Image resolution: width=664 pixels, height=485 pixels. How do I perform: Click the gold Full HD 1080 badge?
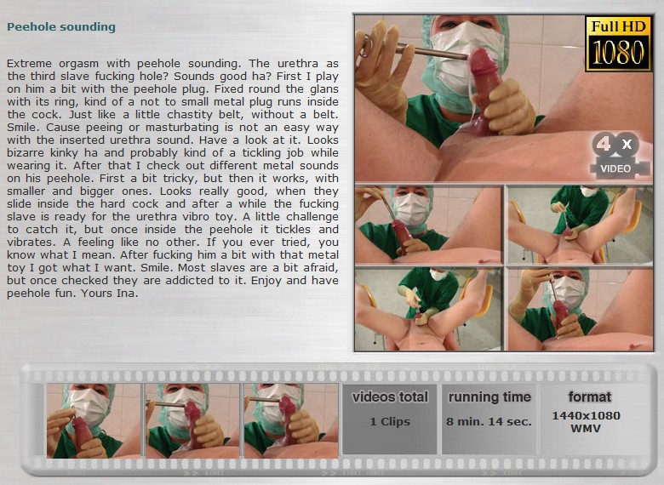tap(618, 43)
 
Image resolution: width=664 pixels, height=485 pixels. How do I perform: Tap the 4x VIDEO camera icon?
tap(620, 154)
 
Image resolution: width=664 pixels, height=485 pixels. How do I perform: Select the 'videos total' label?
tap(390, 397)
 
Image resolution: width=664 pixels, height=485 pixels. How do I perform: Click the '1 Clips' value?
tap(390, 421)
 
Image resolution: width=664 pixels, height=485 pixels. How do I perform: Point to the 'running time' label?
tap(489, 397)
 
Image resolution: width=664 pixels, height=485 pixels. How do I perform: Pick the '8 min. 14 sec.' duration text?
tap(489, 421)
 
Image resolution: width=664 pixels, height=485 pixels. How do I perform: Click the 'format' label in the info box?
tap(589, 397)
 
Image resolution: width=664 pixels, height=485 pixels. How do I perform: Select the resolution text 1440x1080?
tap(586, 415)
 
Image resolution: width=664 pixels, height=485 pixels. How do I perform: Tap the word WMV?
tap(586, 428)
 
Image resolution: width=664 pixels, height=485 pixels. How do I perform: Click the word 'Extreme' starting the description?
tap(29, 64)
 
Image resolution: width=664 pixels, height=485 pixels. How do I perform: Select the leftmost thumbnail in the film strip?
tap(94, 420)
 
